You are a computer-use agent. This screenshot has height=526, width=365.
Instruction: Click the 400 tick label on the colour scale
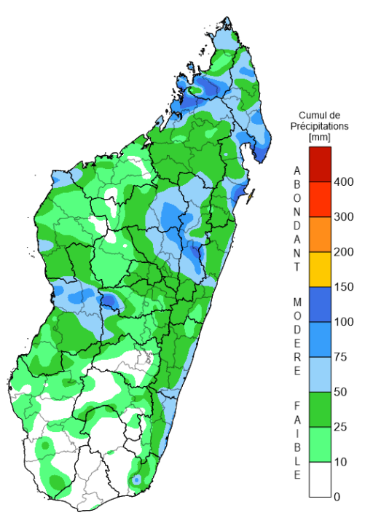tap(344, 182)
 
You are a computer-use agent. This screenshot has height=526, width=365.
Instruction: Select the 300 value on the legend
tap(344, 217)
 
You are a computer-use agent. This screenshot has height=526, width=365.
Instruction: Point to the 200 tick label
tap(344, 252)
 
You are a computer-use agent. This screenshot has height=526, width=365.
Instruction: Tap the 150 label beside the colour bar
tap(344, 287)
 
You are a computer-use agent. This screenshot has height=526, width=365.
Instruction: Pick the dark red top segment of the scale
tap(320, 156)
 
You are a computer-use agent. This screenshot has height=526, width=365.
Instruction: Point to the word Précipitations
tap(321, 125)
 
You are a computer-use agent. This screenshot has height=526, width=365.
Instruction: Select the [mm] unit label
tap(320, 136)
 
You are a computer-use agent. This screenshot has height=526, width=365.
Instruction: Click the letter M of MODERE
tap(297, 301)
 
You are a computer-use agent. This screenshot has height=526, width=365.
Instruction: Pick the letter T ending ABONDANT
tap(297, 267)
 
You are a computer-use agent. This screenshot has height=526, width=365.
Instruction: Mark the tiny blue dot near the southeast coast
tap(136, 480)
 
